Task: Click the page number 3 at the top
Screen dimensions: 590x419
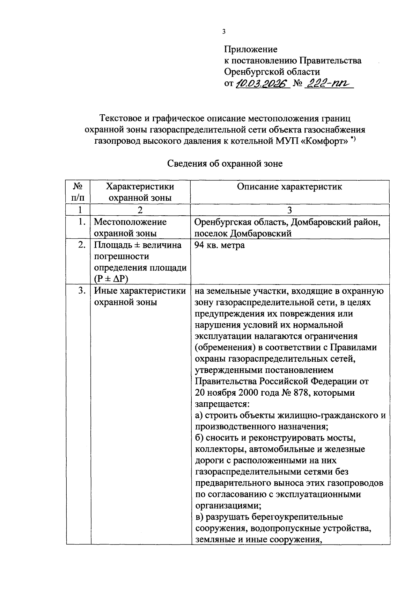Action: pyautogui.click(x=224, y=32)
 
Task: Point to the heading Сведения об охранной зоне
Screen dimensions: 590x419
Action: pyautogui.click(x=225, y=164)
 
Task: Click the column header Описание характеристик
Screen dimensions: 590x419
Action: pyautogui.click(x=289, y=186)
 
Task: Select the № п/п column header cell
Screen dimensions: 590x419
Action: pyautogui.click(x=78, y=192)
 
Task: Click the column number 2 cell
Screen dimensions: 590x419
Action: pyautogui.click(x=140, y=210)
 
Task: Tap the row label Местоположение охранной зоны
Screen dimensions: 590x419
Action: pyautogui.click(x=130, y=228)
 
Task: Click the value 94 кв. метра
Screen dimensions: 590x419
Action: pyautogui.click(x=219, y=245)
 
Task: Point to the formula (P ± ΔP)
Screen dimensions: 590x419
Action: pyautogui.click(x=111, y=279)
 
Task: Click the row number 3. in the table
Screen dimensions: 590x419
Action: pyautogui.click(x=81, y=291)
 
